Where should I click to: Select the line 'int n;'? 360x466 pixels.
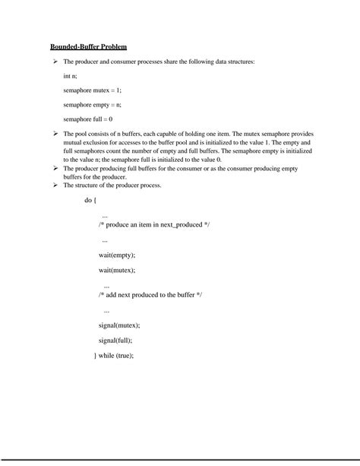pos(72,76)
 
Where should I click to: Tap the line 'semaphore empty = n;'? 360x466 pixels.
pos(91,105)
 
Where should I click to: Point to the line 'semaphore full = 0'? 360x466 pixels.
pos(88,119)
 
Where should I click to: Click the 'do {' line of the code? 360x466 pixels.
pos(90,201)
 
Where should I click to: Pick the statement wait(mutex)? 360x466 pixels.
pos(117,269)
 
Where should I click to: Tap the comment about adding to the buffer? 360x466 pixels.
pos(151,293)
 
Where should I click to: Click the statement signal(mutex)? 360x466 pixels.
pos(119,325)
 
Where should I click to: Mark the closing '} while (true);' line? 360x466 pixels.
pos(114,355)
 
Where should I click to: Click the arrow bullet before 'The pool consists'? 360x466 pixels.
pos(55,134)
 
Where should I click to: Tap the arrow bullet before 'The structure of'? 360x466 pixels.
pos(55,185)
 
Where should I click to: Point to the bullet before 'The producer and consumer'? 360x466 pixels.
pos(55,61)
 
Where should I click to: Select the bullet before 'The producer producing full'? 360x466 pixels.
pos(55,170)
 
